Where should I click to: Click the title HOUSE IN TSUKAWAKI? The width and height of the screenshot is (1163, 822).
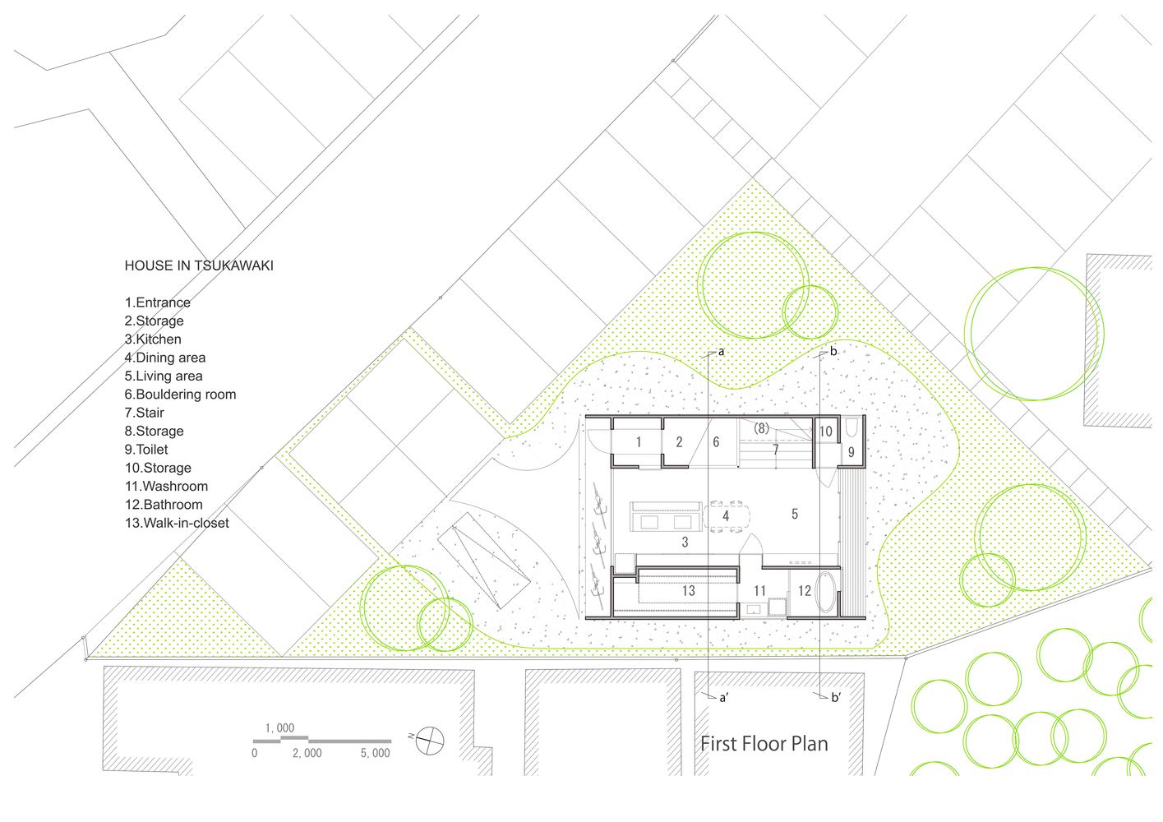[x=199, y=266]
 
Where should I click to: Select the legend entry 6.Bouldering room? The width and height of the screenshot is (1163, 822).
[x=180, y=395]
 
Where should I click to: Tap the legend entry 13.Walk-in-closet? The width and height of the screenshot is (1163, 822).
[x=177, y=523]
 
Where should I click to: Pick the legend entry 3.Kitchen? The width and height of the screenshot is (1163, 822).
[x=153, y=339]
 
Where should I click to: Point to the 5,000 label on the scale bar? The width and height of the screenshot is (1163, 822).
[x=376, y=754]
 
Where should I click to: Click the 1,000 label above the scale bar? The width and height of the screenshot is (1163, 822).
[x=279, y=728]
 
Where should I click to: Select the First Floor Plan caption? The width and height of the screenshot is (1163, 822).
[x=764, y=744]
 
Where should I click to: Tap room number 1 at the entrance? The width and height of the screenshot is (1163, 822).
[x=639, y=442]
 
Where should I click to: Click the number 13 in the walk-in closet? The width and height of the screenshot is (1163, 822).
[x=689, y=591]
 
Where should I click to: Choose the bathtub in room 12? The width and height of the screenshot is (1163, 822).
[x=825, y=592]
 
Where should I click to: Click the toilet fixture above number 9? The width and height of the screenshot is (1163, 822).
[x=852, y=428]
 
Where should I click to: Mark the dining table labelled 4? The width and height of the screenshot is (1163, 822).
[x=727, y=516]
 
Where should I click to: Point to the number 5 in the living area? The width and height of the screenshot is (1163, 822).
[x=794, y=514]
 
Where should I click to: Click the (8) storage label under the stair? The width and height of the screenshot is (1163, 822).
[x=761, y=428]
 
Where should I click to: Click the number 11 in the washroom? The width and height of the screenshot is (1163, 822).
[x=759, y=591]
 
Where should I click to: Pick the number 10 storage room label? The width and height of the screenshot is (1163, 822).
[x=825, y=432]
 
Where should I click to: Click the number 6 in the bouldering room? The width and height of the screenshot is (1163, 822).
[x=716, y=442]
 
